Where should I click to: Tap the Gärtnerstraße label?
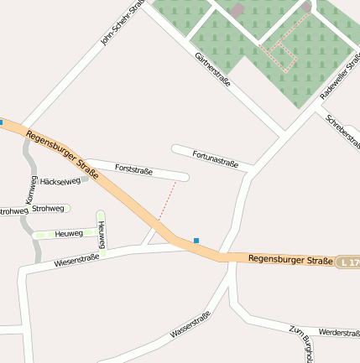(211, 70)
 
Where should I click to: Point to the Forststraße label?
(133, 170)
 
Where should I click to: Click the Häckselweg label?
(60, 181)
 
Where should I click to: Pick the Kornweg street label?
(32, 191)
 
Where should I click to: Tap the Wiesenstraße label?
(76, 262)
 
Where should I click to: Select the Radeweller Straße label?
(339, 80)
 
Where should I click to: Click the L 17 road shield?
(348, 263)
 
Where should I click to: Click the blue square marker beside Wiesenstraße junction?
(196, 241)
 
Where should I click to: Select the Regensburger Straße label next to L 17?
(290, 261)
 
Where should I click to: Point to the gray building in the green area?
(238, 10)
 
